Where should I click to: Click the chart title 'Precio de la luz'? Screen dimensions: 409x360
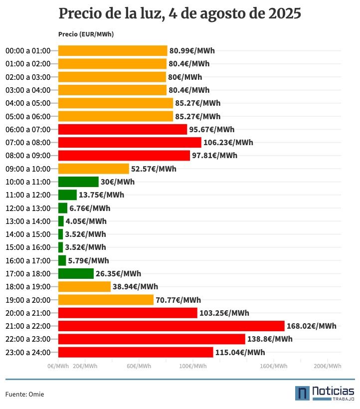point(180,13)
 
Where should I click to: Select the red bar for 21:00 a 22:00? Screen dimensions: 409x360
point(171,326)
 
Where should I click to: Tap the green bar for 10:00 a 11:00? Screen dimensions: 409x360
point(78,182)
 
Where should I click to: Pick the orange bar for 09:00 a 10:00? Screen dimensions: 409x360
point(93,169)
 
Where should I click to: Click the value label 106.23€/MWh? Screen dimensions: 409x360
point(228,143)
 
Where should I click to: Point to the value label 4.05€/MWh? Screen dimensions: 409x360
point(86,221)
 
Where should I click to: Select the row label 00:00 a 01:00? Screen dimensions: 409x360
point(28,51)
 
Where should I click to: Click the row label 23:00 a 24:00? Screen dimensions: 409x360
point(28,353)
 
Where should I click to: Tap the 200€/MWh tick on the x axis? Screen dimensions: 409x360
point(328,366)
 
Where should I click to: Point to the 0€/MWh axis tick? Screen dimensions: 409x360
point(58,366)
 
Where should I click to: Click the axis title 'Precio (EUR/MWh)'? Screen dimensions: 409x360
point(86,34)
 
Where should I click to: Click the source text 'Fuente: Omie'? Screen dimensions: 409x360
point(24,395)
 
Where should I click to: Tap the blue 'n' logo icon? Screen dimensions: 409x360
point(302,393)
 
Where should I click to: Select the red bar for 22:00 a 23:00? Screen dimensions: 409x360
point(152,339)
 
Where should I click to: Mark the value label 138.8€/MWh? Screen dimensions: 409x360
point(270,339)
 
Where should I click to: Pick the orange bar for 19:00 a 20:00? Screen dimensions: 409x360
point(106,300)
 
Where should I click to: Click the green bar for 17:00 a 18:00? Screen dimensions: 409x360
point(76,274)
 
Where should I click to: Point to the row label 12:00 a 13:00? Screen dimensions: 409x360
point(28,208)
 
